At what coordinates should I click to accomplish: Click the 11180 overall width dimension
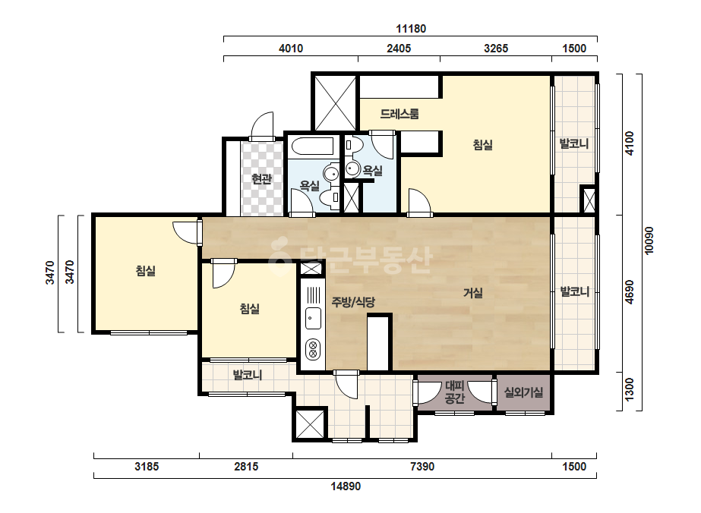[411, 29]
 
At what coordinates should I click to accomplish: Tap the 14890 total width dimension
[346, 486]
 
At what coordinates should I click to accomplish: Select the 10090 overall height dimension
[649, 241]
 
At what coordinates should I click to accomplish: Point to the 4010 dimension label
[291, 49]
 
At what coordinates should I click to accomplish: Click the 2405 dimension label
[399, 49]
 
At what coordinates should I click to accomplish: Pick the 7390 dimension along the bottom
[422, 467]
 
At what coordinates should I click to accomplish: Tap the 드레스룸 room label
[399, 114]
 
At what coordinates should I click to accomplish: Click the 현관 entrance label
[261, 179]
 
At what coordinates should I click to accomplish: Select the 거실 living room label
[473, 293]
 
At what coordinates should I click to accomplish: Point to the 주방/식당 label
[353, 303]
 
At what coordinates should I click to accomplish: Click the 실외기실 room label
[523, 392]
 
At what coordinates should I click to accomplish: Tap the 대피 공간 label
[455, 392]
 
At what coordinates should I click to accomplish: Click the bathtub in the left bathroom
[312, 146]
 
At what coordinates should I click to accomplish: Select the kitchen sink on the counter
[313, 318]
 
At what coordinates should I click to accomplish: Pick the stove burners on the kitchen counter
[313, 349]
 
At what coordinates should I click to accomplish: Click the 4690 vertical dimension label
[630, 293]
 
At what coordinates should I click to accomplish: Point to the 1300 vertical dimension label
[630, 389]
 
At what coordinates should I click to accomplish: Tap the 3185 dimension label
[147, 467]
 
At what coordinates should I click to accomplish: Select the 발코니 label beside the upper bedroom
[574, 144]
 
